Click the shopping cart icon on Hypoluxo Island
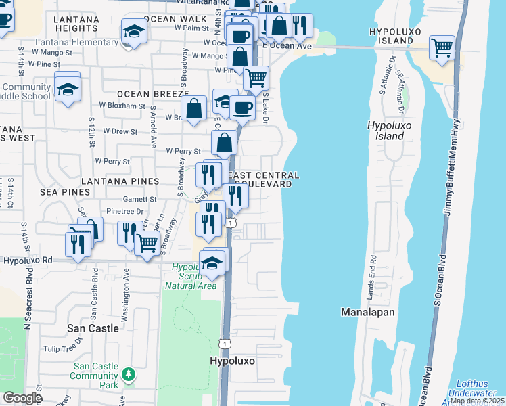pos(442,47)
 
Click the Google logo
pos(22,398)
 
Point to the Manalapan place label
pos(367,312)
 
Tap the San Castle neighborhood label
pos(93,328)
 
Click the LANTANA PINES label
pos(120,181)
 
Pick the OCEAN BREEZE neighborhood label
pos(151,93)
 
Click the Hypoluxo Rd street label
pos(28,260)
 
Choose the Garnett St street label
pos(139,200)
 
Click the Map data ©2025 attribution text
pos(476,401)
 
